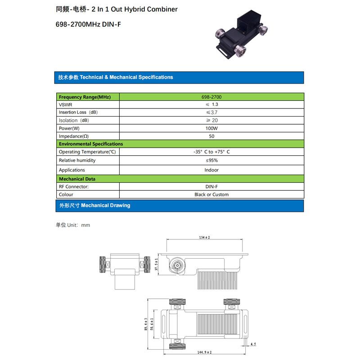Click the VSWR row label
pyautogui.click(x=65, y=105)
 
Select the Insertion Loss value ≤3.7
pyautogui.click(x=211, y=112)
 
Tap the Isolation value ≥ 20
pyautogui.click(x=211, y=120)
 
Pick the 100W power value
pyautogui.click(x=211, y=128)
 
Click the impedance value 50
pyautogui.click(x=211, y=136)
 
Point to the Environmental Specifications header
pyautogui.click(x=91, y=144)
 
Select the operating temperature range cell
pyautogui.click(x=211, y=152)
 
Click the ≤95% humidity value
pyautogui.click(x=211, y=160)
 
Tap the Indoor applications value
pyautogui.click(x=211, y=170)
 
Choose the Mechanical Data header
pyautogui.click(x=77, y=179)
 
